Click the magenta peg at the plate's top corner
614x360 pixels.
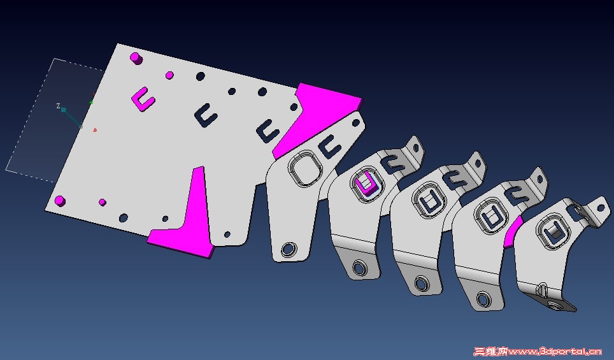136,59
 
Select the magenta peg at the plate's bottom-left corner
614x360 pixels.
60,201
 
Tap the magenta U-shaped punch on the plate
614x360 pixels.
143,99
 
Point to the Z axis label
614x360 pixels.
59,106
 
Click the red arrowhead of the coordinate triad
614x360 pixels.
94,130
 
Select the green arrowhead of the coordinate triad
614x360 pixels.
91,102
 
